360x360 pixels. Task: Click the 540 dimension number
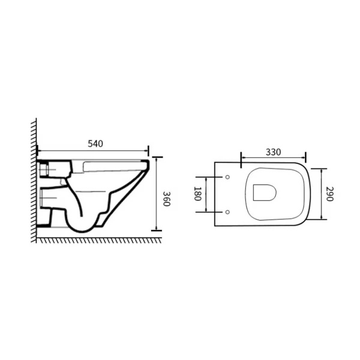[x=95, y=144]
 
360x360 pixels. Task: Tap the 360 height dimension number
[x=166, y=199]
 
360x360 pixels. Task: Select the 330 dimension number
[x=273, y=152]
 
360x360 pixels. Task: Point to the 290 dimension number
[x=329, y=194]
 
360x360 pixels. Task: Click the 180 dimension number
[x=197, y=194]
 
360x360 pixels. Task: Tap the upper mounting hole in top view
[x=227, y=177]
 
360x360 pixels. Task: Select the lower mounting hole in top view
[x=227, y=212]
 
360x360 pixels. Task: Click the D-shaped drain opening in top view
[x=265, y=193]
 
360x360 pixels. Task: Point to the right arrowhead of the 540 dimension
[x=146, y=151]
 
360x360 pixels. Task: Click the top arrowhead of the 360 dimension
[x=156, y=160]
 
